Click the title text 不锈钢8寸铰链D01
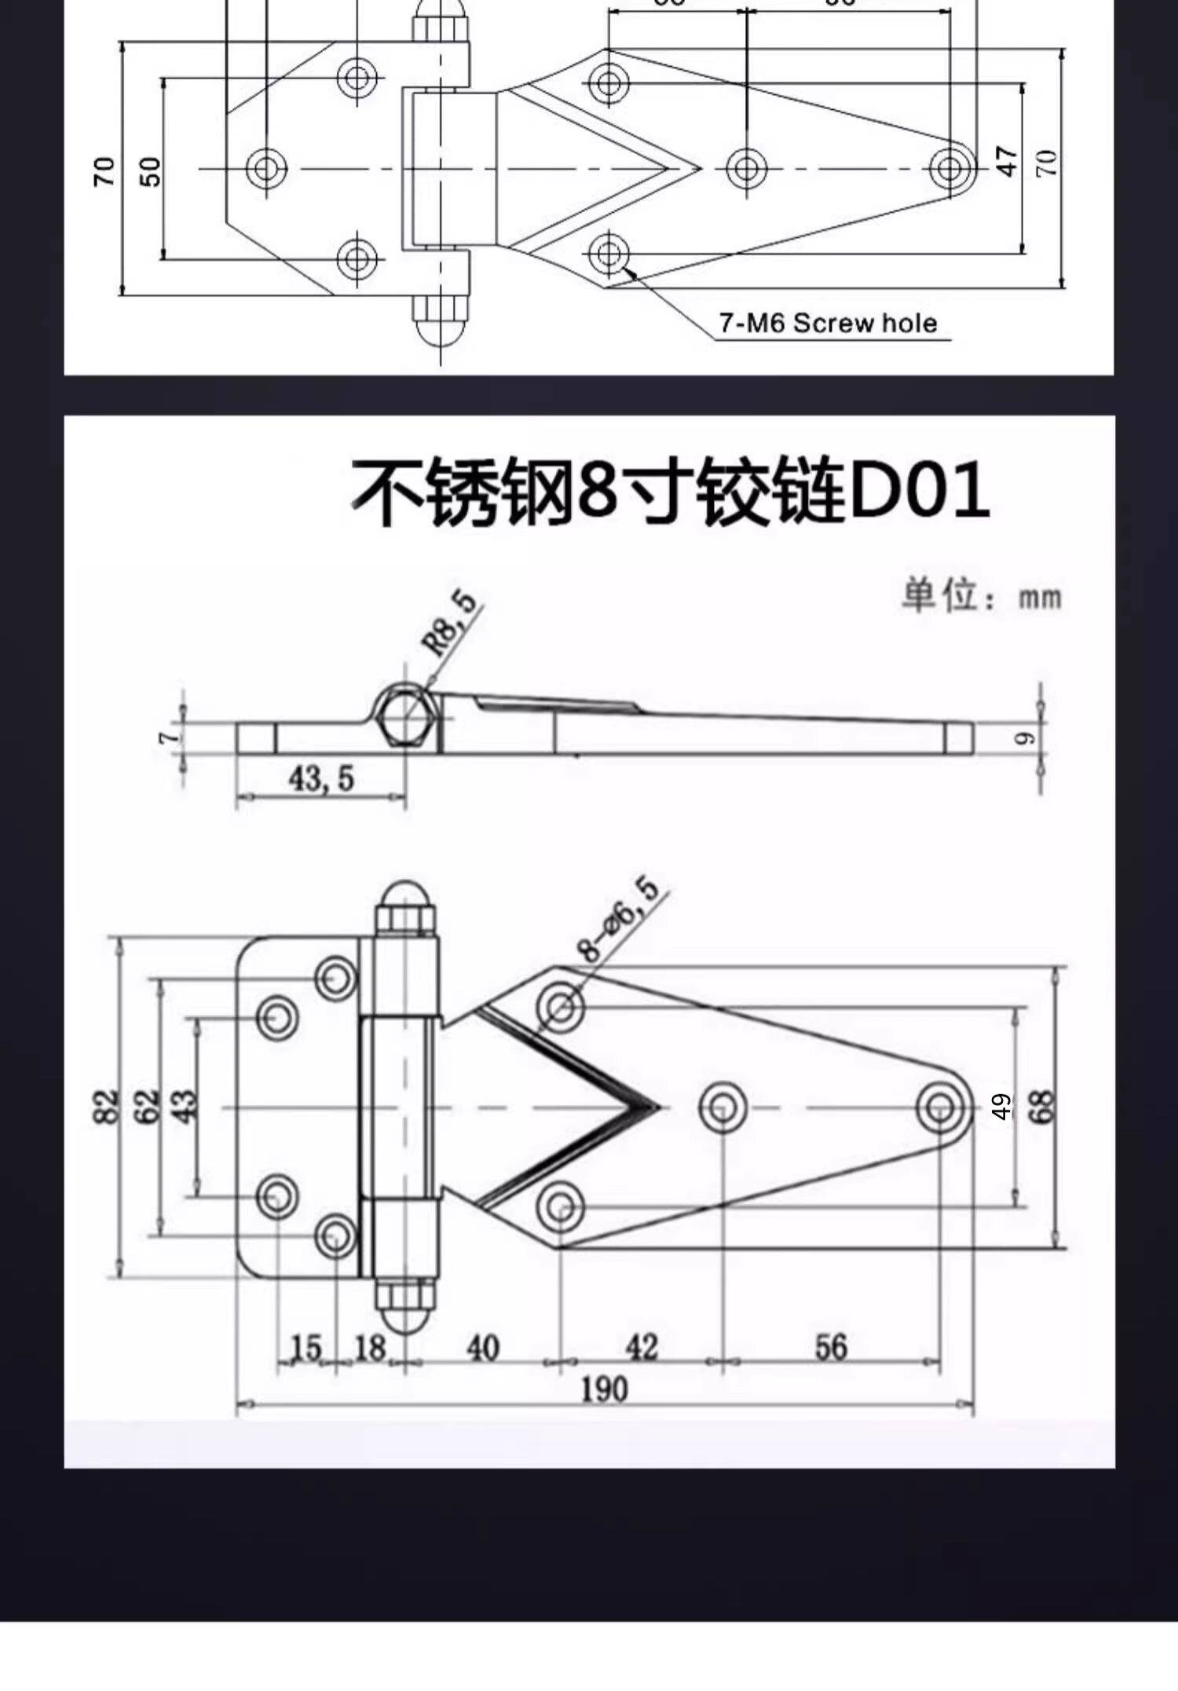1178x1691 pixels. (x=669, y=493)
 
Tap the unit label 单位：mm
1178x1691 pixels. (x=981, y=596)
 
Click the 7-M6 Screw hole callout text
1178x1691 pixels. (x=828, y=323)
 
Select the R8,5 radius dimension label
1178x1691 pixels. (x=450, y=623)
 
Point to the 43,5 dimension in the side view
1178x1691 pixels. (x=321, y=778)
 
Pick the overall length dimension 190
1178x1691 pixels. (x=604, y=1389)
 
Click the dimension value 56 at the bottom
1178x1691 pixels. (x=831, y=1348)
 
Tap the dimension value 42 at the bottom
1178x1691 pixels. (x=642, y=1348)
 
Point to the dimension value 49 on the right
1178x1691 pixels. (x=1001, y=1106)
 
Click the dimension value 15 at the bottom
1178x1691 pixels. (x=306, y=1349)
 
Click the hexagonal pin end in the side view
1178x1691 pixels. (x=406, y=715)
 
